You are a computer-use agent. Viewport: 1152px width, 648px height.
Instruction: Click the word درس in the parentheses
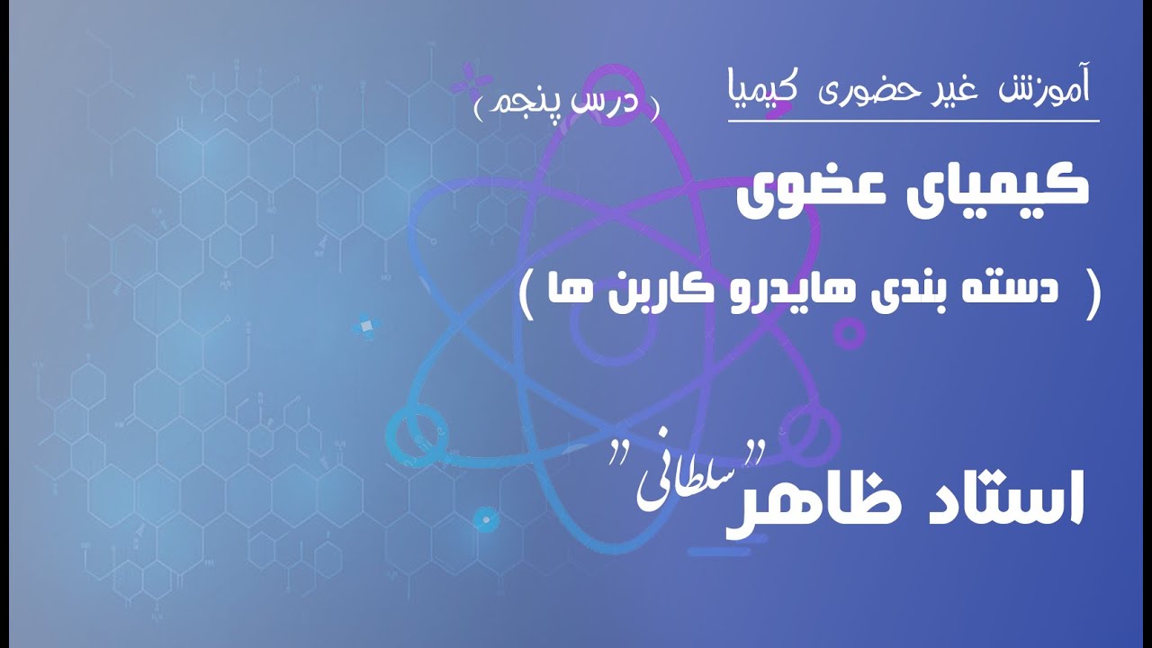[x=620, y=103]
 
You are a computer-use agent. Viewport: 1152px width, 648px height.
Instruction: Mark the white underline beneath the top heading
[x=913, y=120]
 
